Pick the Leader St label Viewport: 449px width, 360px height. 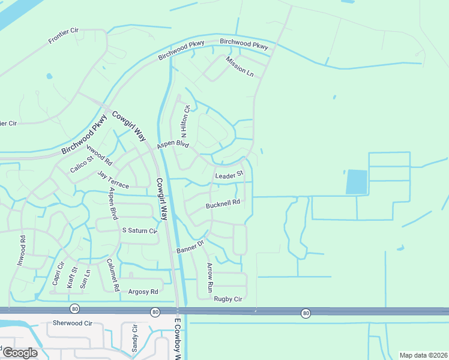click(x=229, y=175)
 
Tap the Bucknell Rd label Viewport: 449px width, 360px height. click(x=223, y=204)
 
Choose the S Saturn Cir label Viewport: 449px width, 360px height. click(x=139, y=230)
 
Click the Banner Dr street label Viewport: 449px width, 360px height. click(x=190, y=246)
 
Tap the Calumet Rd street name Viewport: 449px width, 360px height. click(x=111, y=275)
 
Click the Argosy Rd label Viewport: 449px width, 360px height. click(x=143, y=292)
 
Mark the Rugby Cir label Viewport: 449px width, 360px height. click(x=228, y=299)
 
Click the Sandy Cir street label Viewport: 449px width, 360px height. click(x=134, y=338)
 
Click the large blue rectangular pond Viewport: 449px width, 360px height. click(x=357, y=182)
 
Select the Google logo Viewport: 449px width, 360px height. click(x=20, y=353)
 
